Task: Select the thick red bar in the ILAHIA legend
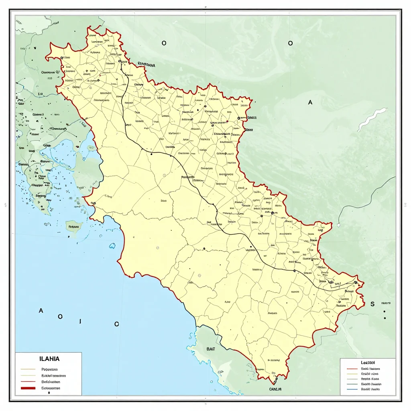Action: click(28, 388)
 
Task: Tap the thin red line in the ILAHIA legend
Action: click(28, 382)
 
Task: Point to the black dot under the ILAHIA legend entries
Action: click(49, 393)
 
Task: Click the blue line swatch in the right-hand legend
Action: click(352, 389)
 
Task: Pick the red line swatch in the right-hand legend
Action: click(352, 368)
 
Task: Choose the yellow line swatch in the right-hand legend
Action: click(352, 373)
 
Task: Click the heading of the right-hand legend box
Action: click(368, 362)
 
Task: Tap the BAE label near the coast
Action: click(211, 349)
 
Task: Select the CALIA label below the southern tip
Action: click(275, 389)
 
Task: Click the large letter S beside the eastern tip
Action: click(372, 304)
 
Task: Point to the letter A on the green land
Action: click(310, 103)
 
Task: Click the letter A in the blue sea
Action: click(41, 311)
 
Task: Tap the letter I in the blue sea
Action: click(81, 321)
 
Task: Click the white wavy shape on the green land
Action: click(372, 119)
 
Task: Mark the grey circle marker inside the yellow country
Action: click(199, 275)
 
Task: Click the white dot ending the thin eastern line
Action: click(339, 225)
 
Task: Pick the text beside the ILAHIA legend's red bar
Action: click(51, 388)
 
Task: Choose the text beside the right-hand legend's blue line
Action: click(370, 389)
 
